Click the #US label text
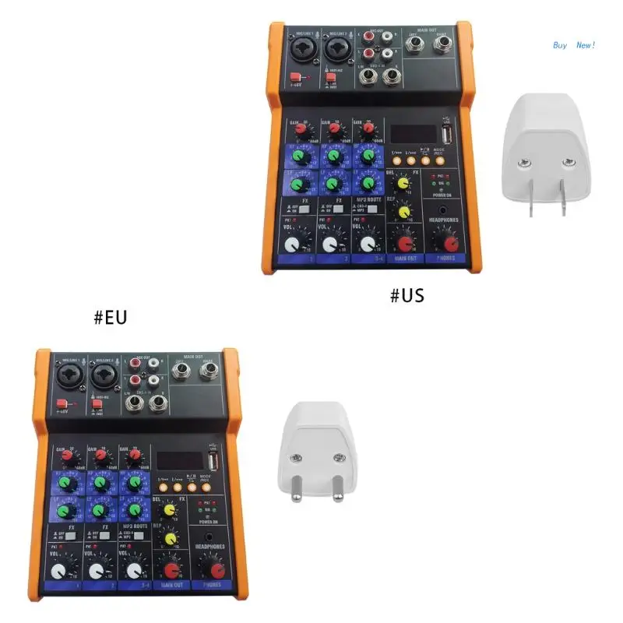click(x=407, y=295)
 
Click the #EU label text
click(x=110, y=317)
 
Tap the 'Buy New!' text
click(x=574, y=45)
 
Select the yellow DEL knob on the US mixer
click(x=403, y=184)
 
